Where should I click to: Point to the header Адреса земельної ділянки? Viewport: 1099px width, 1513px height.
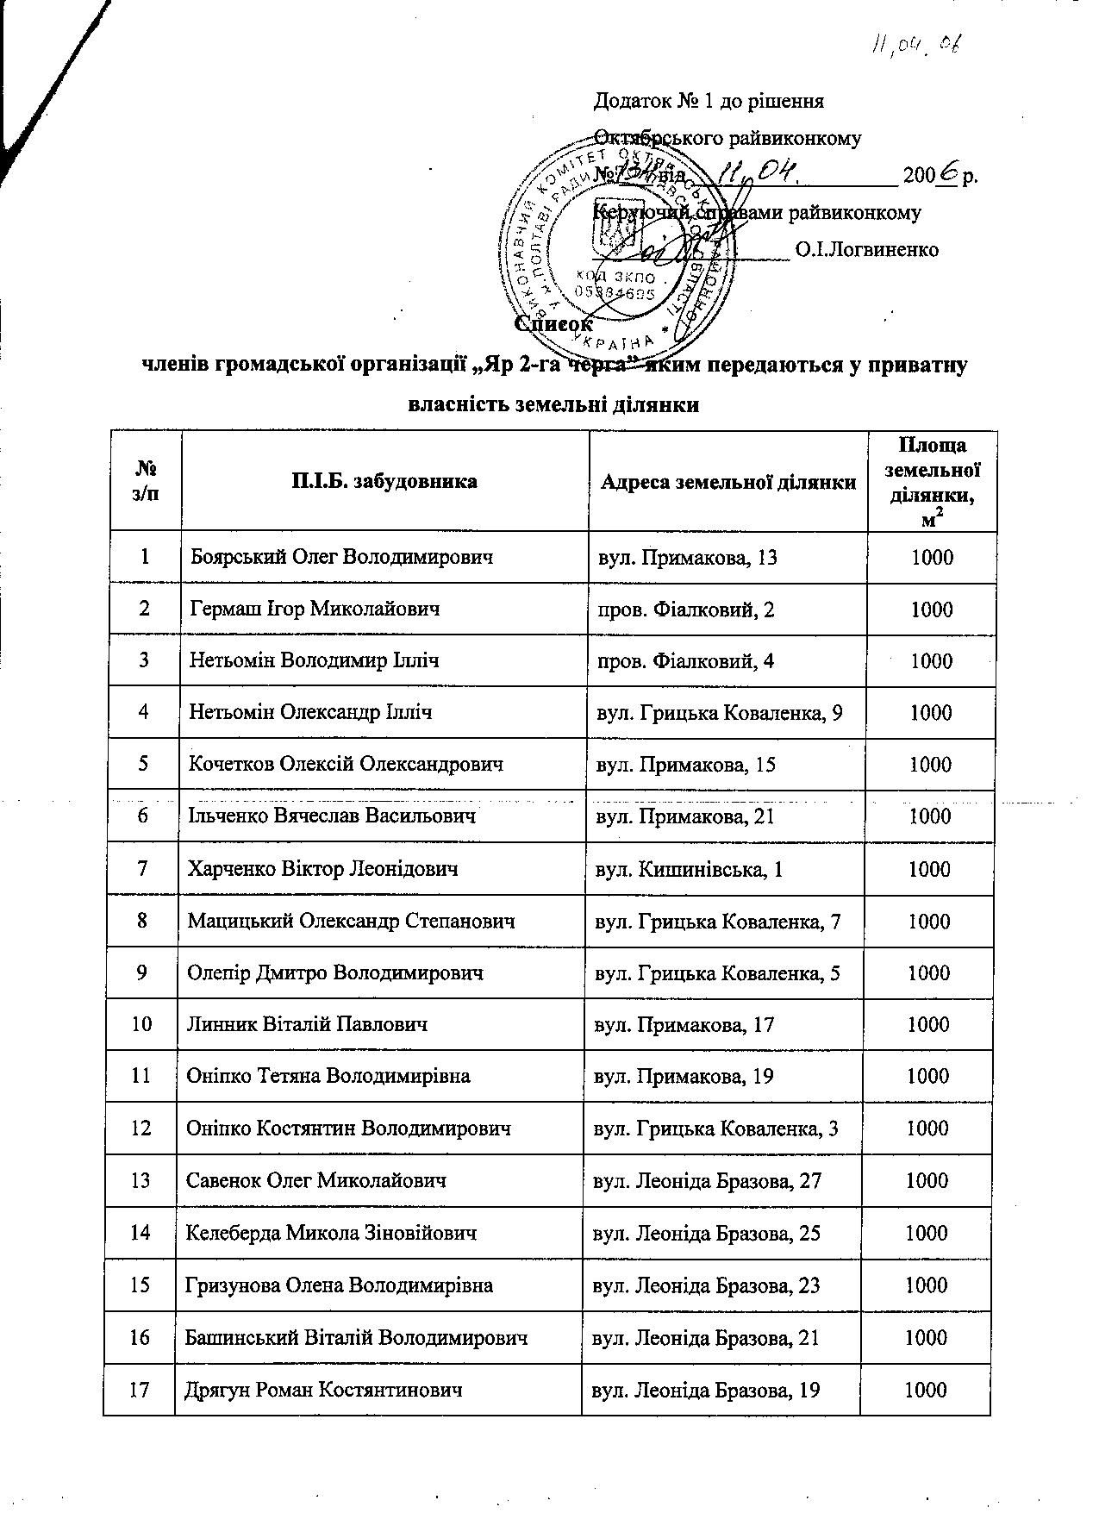[x=727, y=482]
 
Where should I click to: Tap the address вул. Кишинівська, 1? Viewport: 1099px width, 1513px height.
[x=690, y=869]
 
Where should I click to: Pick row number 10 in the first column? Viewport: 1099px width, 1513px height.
[x=142, y=1024]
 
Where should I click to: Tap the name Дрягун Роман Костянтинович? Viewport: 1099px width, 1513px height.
[x=323, y=1390]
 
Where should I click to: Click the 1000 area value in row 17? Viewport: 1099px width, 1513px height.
[x=926, y=1390]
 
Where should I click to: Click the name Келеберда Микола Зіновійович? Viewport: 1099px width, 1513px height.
[x=331, y=1233]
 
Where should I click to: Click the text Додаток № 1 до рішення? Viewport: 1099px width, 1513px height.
[x=709, y=101]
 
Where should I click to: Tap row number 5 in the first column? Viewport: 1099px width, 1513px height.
[x=145, y=764]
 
